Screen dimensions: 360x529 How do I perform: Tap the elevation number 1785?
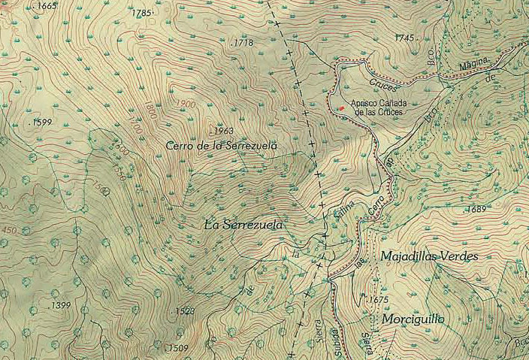tap(142, 14)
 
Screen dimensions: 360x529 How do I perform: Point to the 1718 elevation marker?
tap(243, 44)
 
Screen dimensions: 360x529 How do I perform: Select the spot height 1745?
tap(405, 38)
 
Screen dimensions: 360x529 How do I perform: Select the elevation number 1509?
tap(177, 347)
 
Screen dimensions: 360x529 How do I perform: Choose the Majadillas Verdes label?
tap(429, 256)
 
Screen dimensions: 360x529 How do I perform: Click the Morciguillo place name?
tap(413, 319)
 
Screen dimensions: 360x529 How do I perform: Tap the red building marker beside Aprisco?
tap(341, 109)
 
